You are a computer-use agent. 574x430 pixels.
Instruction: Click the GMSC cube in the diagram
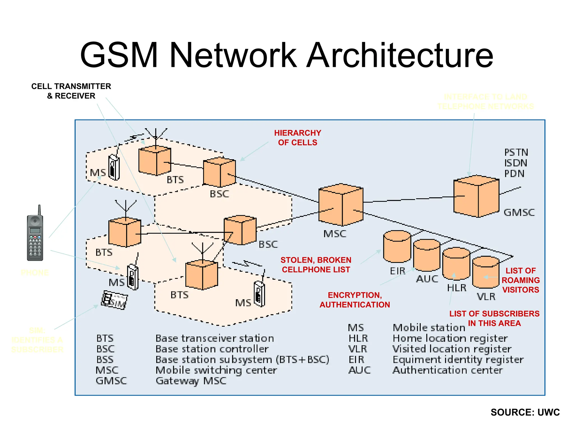[x=476, y=196]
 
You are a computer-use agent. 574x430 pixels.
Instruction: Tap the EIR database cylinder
[x=397, y=247]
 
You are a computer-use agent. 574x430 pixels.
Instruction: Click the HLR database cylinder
[x=456, y=263]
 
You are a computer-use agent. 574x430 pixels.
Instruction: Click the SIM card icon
[x=114, y=300]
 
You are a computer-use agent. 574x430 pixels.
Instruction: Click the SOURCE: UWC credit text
[x=525, y=412]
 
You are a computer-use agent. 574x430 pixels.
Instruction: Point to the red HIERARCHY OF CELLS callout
[x=297, y=138]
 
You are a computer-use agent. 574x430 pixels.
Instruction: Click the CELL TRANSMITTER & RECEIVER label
[x=71, y=91]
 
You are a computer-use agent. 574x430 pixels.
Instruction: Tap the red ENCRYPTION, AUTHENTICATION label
[x=355, y=300]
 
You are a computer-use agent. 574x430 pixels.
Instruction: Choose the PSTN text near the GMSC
[x=516, y=153]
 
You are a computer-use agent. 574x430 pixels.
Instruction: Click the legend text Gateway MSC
[x=191, y=381]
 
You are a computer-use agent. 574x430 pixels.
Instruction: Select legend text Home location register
[x=450, y=338]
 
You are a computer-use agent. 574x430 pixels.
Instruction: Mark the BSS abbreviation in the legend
[x=105, y=360]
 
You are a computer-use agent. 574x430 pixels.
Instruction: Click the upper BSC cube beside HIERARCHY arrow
[x=219, y=172]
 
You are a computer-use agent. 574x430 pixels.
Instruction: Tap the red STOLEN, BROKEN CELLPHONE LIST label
[x=316, y=265]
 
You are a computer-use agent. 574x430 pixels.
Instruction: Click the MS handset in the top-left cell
[x=114, y=167]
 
